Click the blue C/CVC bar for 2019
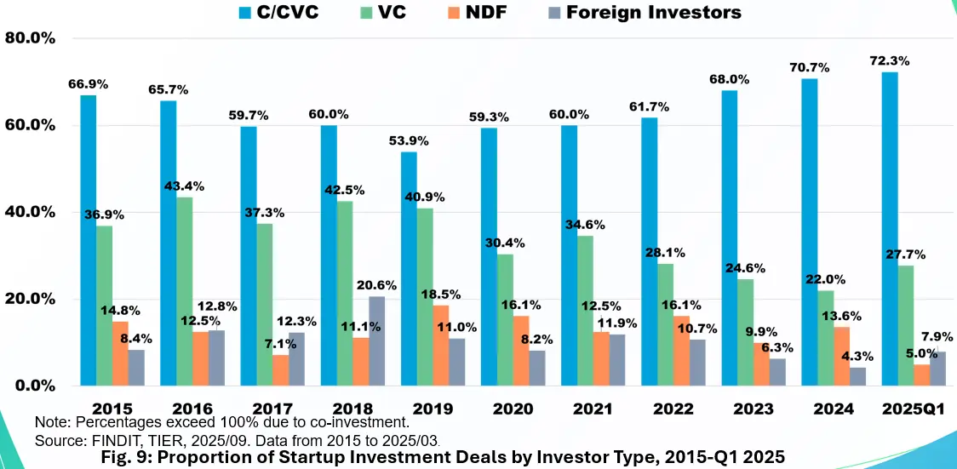(x=409, y=268)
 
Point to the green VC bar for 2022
(x=665, y=324)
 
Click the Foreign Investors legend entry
(x=654, y=12)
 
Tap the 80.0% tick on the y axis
(x=30, y=38)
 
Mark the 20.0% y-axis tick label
(x=30, y=299)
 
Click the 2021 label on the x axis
(x=593, y=409)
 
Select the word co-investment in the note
(x=361, y=421)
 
